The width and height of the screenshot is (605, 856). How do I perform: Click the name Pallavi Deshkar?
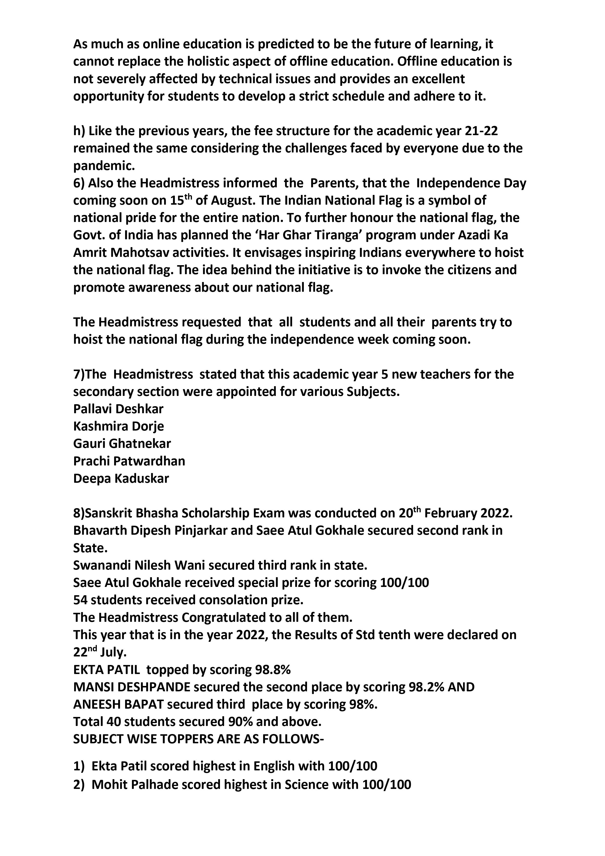pos(118,409)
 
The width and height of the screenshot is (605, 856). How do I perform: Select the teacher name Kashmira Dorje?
pos(119,426)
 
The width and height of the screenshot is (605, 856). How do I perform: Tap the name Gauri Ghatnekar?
pos(122,444)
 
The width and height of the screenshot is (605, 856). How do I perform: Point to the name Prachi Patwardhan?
pos(129,461)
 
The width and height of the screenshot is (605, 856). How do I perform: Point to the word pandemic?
pos(104,166)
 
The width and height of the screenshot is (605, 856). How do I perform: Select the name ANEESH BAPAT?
pos(119,704)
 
